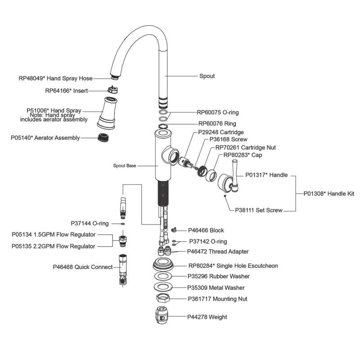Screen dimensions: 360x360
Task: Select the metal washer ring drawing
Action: (164, 287)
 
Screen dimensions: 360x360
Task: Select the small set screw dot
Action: (225, 196)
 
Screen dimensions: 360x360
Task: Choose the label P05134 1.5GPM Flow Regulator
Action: (54, 234)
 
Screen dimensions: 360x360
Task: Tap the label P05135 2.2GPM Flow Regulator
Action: (54, 246)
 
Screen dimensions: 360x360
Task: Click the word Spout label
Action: (207, 76)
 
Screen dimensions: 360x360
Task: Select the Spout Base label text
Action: (125, 166)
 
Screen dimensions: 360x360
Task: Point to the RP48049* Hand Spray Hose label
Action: (55, 78)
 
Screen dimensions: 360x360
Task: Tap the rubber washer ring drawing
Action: (164, 276)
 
